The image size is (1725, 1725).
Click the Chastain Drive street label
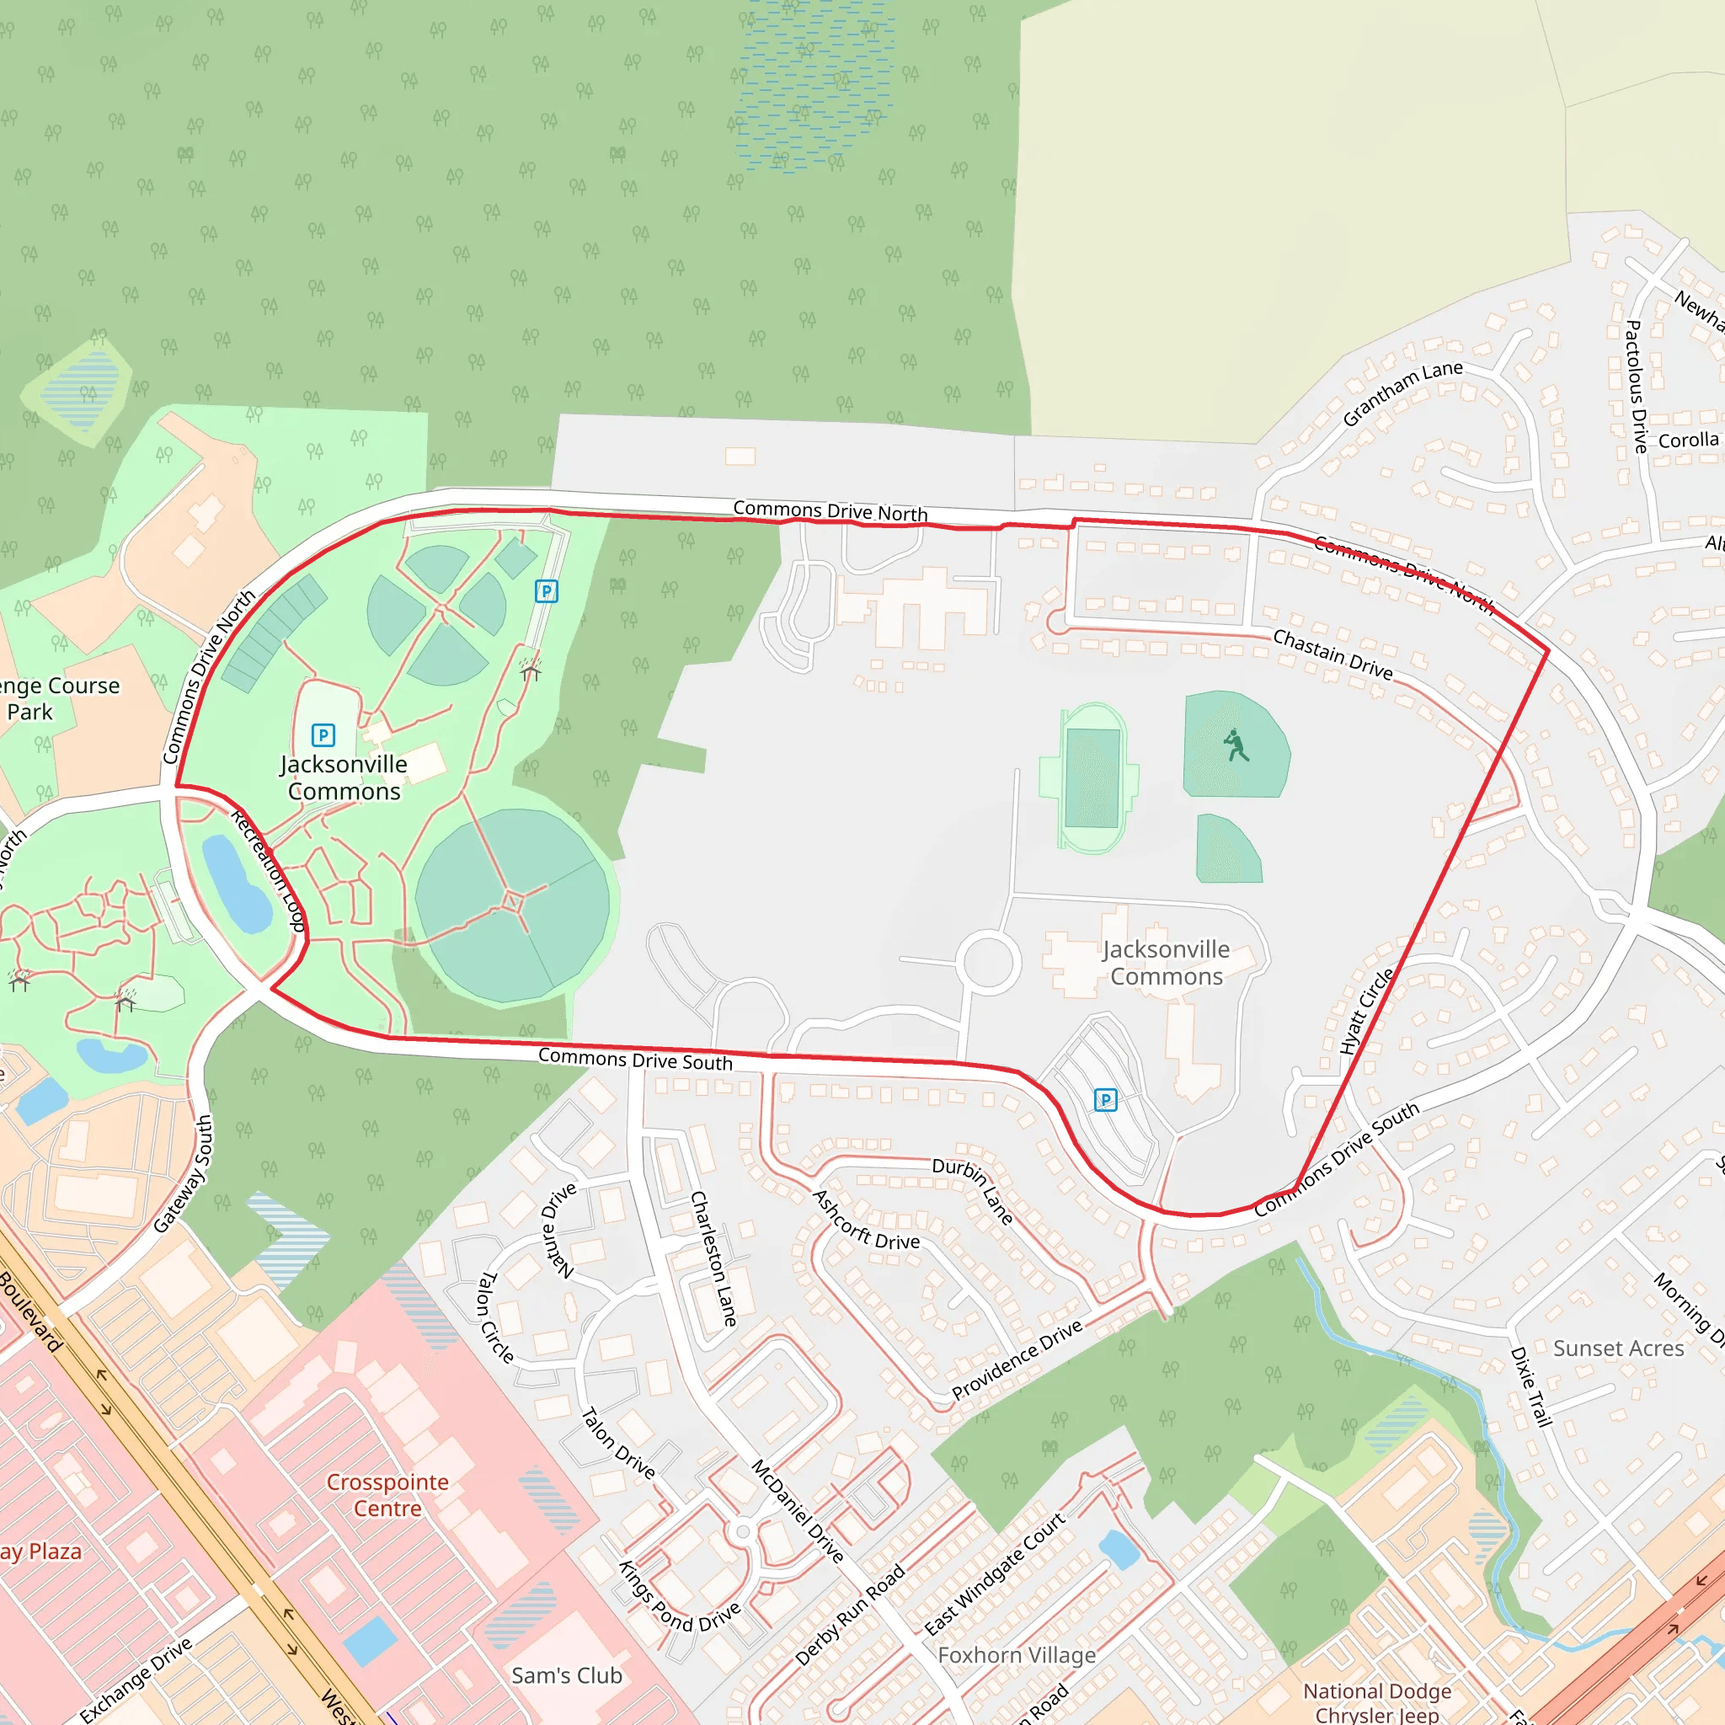1332,654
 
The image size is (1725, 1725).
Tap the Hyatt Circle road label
1366,1011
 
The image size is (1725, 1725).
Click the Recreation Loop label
269,871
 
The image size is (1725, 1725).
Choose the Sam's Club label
566,1675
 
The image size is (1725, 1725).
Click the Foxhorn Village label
1016,1654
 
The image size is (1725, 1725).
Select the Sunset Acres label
1618,1348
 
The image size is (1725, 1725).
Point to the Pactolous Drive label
1636,387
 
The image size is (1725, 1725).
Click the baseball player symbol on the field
1235,745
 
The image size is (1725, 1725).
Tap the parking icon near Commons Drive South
1105,1100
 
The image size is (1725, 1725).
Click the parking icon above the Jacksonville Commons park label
323,734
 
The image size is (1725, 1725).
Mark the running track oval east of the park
1091,777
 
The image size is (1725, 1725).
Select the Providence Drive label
1017,1359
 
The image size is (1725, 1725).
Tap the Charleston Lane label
714,1258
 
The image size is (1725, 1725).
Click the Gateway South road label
183,1173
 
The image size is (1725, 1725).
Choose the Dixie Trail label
1530,1386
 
